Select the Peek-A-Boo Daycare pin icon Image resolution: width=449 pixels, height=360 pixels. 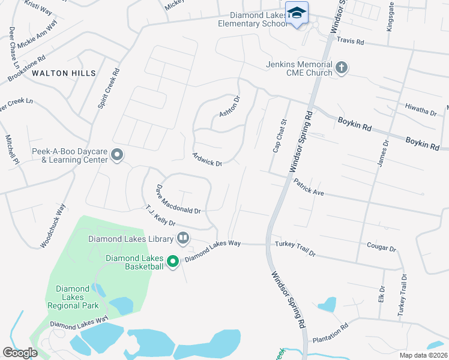point(117,156)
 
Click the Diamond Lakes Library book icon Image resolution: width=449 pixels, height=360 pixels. point(183,239)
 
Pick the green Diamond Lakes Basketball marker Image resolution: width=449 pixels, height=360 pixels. point(173,262)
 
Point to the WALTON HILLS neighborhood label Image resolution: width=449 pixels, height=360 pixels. point(64,73)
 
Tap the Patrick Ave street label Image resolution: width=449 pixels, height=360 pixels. point(309,188)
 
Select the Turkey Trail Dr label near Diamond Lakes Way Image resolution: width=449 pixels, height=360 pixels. point(295,249)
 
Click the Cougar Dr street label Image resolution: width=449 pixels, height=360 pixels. point(381,248)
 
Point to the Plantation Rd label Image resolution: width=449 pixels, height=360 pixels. point(330,334)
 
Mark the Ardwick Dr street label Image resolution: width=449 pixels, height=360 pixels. point(207,159)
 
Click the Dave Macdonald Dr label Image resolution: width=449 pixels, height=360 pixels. point(178,199)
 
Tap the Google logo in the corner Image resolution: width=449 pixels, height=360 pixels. point(20,353)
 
